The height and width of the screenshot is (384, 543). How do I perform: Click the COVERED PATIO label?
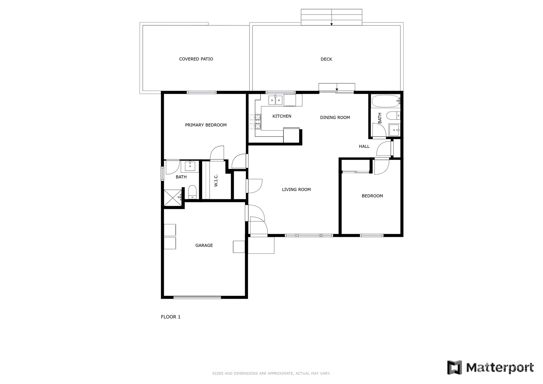pos(196,59)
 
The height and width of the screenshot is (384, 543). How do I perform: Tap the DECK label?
pos(326,59)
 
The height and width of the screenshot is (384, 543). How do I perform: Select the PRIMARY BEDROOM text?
pos(206,125)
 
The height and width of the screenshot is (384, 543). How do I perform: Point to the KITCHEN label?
pos(282,116)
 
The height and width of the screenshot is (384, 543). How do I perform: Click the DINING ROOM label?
pos(335,117)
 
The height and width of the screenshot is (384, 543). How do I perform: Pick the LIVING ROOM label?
pos(296,189)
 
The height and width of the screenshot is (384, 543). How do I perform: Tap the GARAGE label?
pos(204,245)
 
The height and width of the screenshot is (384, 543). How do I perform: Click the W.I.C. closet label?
pos(216,180)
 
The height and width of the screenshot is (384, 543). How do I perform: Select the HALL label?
pos(364,146)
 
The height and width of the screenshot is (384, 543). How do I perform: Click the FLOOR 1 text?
pos(171,317)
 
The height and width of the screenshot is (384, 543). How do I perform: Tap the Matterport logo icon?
pos(455,367)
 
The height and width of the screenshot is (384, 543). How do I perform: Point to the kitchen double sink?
pos(275,100)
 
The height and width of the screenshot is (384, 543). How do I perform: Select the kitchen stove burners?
pos(255,122)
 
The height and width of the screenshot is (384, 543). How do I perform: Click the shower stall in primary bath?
pos(173,198)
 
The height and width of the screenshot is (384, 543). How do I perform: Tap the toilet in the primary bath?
pos(192,192)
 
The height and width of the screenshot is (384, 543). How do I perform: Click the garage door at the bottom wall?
pos(197,297)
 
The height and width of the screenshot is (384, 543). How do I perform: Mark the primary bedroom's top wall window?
pos(201,92)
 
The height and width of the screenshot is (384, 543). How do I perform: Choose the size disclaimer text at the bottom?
pos(271,373)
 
